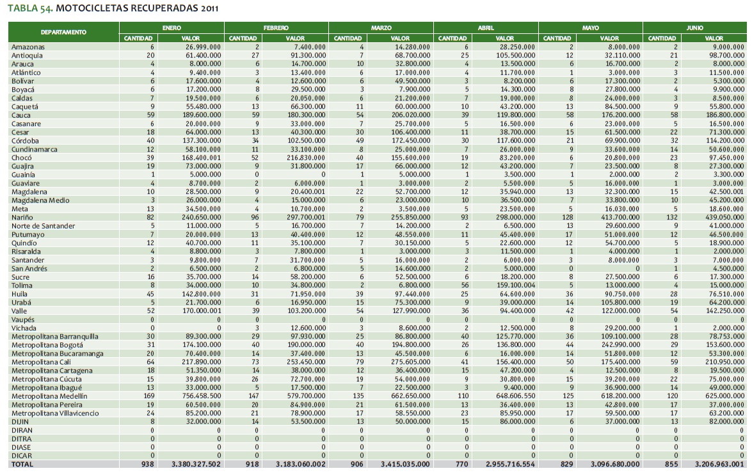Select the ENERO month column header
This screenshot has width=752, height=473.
[x=171, y=28]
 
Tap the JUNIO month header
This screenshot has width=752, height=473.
[x=694, y=28]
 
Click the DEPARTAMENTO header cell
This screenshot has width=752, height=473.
[x=63, y=32]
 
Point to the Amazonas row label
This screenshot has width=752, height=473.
[x=28, y=47]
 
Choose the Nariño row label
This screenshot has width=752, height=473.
[x=23, y=218]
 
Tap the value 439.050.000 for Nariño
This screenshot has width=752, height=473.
[x=724, y=218]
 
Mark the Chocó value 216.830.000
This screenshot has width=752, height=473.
[x=304, y=157]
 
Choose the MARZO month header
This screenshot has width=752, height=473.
[x=381, y=28]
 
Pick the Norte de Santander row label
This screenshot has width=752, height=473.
[x=43, y=226]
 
